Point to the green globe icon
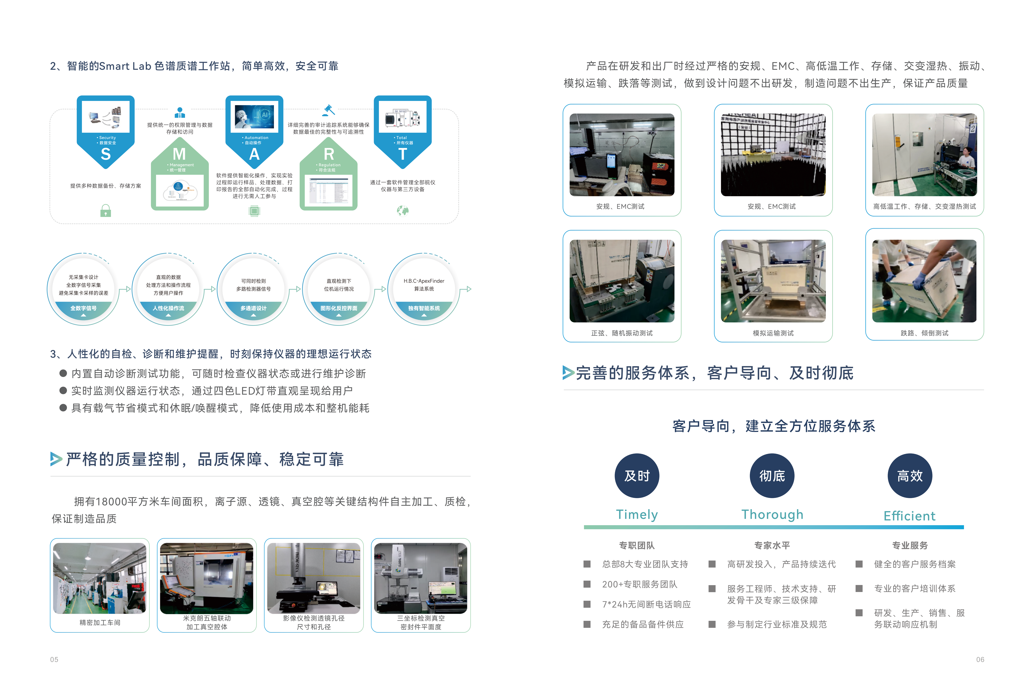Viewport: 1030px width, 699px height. pos(402,211)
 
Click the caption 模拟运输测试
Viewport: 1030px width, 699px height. pos(773,333)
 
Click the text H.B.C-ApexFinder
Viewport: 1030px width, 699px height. pos(424,281)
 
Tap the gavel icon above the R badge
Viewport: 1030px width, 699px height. pos(328,109)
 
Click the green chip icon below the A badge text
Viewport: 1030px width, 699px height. pos(254,211)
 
